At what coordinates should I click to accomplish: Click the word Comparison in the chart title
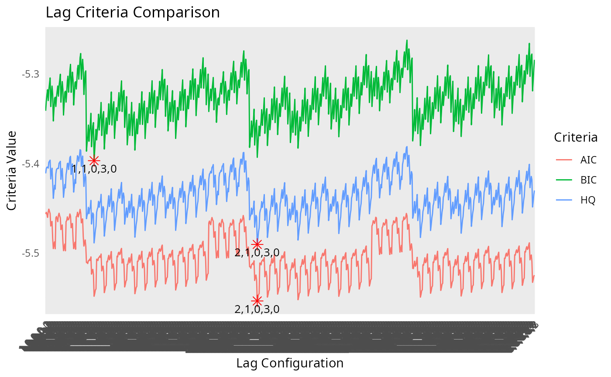coord(176,12)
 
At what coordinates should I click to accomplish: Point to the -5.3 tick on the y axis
coord(31,74)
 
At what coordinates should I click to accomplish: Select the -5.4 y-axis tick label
coord(31,164)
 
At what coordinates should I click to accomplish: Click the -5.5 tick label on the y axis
coord(31,254)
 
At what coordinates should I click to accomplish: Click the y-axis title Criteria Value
coord(12,170)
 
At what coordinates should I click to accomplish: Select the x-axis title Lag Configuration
coord(290,363)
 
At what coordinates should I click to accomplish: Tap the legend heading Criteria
coord(576,138)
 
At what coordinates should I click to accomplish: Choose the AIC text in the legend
coord(588,160)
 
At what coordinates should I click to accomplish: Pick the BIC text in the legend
coord(588,180)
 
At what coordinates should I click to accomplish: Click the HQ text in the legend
coord(587,200)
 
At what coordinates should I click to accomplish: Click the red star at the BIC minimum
coord(94,160)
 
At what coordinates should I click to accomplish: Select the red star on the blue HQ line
coord(257,244)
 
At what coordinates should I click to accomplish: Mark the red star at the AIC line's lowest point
coord(257,301)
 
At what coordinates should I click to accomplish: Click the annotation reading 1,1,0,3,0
coord(94,169)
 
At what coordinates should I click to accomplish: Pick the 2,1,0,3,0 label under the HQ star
coord(257,253)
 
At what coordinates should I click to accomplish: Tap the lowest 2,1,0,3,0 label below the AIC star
coord(257,309)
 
